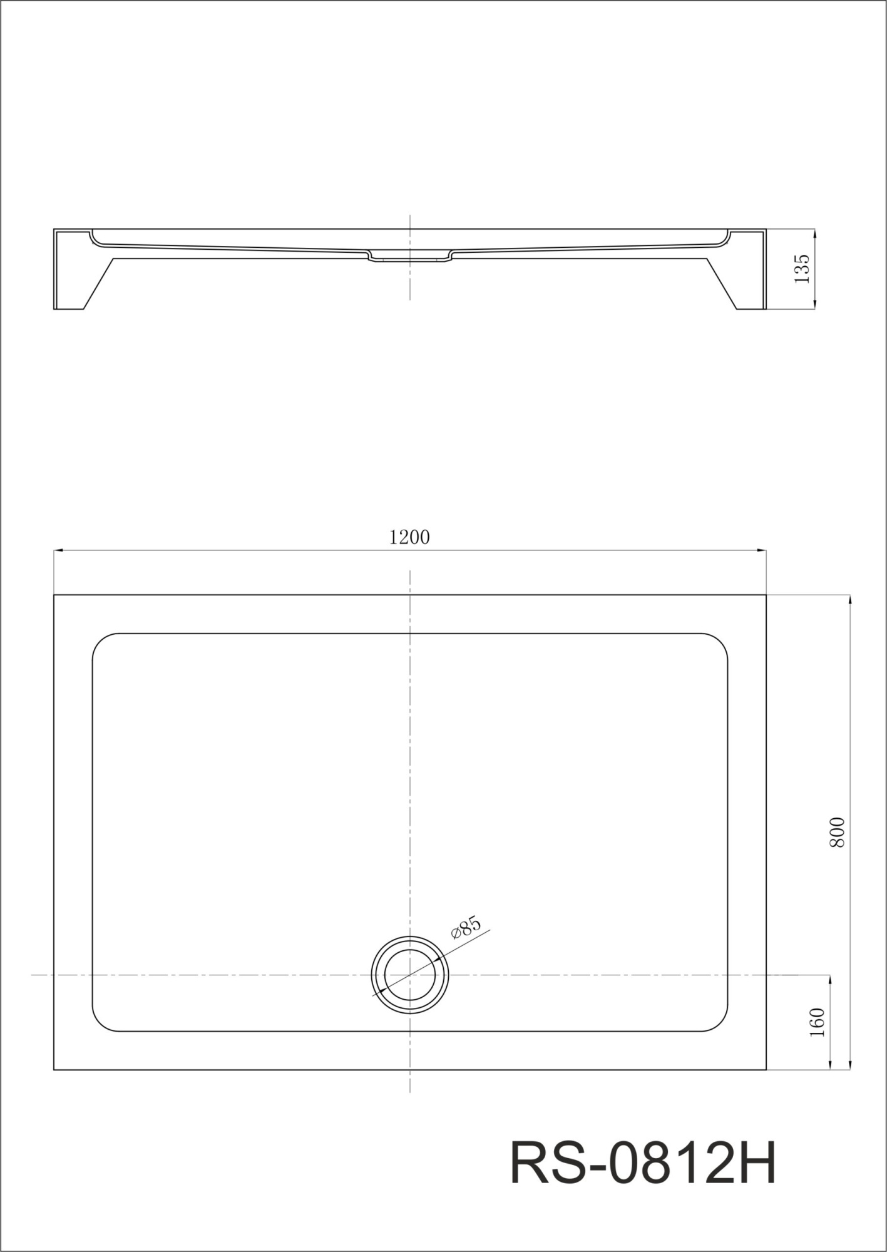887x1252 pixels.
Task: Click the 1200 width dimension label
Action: pyautogui.click(x=409, y=537)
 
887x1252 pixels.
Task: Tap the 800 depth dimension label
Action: pyautogui.click(x=837, y=833)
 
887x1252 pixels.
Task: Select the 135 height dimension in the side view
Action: pyautogui.click(x=802, y=269)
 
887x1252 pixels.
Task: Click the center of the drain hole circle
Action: pyautogui.click(x=410, y=975)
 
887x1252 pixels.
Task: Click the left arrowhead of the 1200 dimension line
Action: pyautogui.click(x=58, y=550)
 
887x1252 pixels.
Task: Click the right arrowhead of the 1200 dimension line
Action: pyautogui.click(x=762, y=550)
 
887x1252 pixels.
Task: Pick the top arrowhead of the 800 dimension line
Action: pyautogui.click(x=849, y=599)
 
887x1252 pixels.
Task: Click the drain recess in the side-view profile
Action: pyautogui.click(x=410, y=257)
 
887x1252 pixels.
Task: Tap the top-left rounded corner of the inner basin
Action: pyautogui.click(x=100, y=641)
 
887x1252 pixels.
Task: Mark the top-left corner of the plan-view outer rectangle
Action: pyautogui.click(x=54, y=595)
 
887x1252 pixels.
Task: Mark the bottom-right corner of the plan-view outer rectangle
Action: pyautogui.click(x=766, y=1070)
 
